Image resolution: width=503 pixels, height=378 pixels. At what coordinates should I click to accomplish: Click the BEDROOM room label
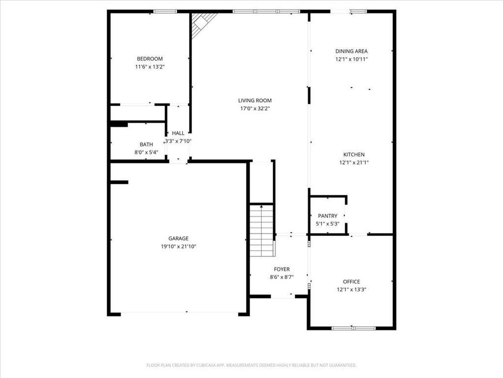[x=149, y=59]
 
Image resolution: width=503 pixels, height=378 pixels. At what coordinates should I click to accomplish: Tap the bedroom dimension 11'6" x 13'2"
[x=149, y=67]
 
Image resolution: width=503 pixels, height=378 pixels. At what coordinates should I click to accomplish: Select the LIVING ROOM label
[x=254, y=100]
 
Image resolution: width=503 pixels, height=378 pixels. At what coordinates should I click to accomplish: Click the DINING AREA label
[x=351, y=51]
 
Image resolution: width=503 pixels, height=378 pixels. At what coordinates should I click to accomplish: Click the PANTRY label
[x=328, y=216]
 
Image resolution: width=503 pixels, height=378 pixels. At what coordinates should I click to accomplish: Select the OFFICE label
[x=351, y=282]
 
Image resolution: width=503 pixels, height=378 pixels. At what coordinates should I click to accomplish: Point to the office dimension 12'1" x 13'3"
[x=351, y=289]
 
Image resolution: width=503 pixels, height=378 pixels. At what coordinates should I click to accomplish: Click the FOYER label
[x=281, y=269]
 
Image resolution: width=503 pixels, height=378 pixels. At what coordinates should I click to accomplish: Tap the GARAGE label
[x=178, y=239]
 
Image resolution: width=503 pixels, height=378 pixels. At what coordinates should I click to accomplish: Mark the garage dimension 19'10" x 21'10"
[x=178, y=247]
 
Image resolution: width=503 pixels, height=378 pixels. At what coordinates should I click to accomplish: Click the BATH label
[x=146, y=145]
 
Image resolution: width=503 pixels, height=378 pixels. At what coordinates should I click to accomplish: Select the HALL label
[x=178, y=133]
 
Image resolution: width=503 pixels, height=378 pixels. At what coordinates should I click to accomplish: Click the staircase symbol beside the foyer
[x=262, y=230]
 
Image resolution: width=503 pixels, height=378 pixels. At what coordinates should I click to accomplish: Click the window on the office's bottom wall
[x=353, y=328]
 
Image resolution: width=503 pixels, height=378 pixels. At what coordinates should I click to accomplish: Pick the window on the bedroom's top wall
[x=165, y=11]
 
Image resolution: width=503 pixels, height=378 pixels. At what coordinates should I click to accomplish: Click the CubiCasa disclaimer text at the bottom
[x=251, y=365]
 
